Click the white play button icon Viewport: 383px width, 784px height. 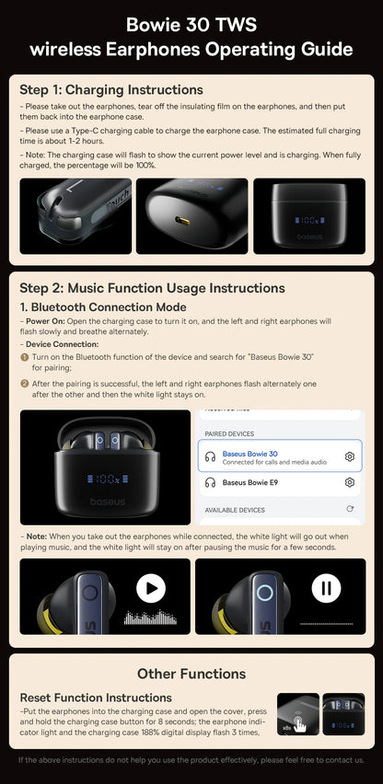pos(151,588)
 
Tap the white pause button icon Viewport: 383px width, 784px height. pos(326,588)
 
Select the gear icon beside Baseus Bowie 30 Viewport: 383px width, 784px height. pos(350,456)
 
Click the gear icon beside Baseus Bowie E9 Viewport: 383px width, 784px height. pos(350,482)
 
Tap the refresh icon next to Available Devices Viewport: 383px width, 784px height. pos(350,509)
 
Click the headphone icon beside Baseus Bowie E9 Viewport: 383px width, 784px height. pos(210,482)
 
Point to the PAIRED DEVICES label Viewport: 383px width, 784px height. pos(229,433)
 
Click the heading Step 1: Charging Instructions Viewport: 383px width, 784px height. pos(111,89)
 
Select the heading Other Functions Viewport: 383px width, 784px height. pos(191,674)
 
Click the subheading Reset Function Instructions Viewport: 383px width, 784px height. pos(96,698)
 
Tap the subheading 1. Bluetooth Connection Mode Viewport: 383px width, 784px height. pos(103,306)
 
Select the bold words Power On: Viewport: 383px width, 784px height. pos(45,321)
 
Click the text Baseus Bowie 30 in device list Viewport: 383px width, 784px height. pos(250,453)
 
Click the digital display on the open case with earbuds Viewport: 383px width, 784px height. pos(105,478)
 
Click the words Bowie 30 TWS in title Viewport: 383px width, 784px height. pos(191,25)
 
